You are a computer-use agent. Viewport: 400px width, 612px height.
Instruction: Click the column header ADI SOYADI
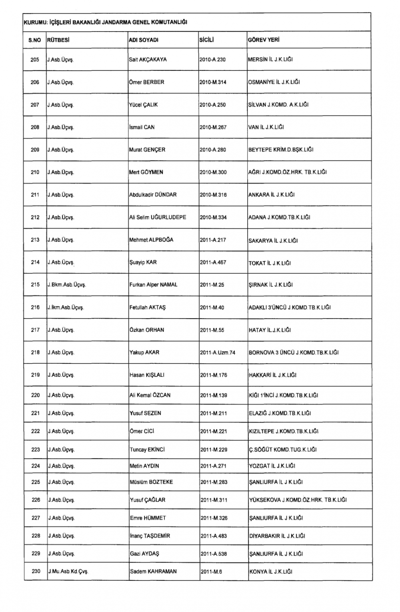[144, 40]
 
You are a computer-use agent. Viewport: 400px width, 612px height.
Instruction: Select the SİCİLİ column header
[207, 40]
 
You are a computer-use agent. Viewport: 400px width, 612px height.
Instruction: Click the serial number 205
[35, 60]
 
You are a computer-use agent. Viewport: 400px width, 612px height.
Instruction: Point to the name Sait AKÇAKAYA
[148, 60]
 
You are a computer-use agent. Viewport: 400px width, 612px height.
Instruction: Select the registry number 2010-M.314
[213, 82]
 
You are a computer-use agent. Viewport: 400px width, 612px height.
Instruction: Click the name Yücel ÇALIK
[143, 105]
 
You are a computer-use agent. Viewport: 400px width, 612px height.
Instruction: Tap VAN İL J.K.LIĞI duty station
[266, 127]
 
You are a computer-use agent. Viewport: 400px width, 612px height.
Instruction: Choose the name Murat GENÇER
[147, 150]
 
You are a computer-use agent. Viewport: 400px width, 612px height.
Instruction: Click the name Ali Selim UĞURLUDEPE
[157, 217]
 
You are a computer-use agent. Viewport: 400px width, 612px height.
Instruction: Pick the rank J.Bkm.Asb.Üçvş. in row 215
[67, 285]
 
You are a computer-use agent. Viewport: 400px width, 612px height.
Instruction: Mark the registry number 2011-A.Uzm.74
[218, 353]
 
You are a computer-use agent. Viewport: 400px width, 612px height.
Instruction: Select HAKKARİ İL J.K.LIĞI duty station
[273, 375]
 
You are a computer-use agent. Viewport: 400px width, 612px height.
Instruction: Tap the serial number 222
[36, 431]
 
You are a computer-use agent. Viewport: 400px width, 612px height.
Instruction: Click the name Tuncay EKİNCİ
[147, 450]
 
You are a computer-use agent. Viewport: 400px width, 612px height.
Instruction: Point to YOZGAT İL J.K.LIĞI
[272, 466]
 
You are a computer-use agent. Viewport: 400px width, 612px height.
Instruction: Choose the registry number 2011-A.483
[214, 536]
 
